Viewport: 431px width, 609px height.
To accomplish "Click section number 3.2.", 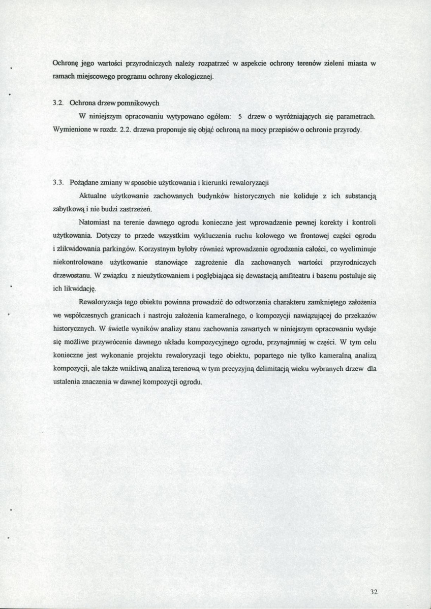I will [57, 103].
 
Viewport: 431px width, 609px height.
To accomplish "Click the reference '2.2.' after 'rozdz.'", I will [125, 130].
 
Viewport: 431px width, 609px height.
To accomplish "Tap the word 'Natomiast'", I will [96, 222].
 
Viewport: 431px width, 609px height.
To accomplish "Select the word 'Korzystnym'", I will [154, 249].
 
